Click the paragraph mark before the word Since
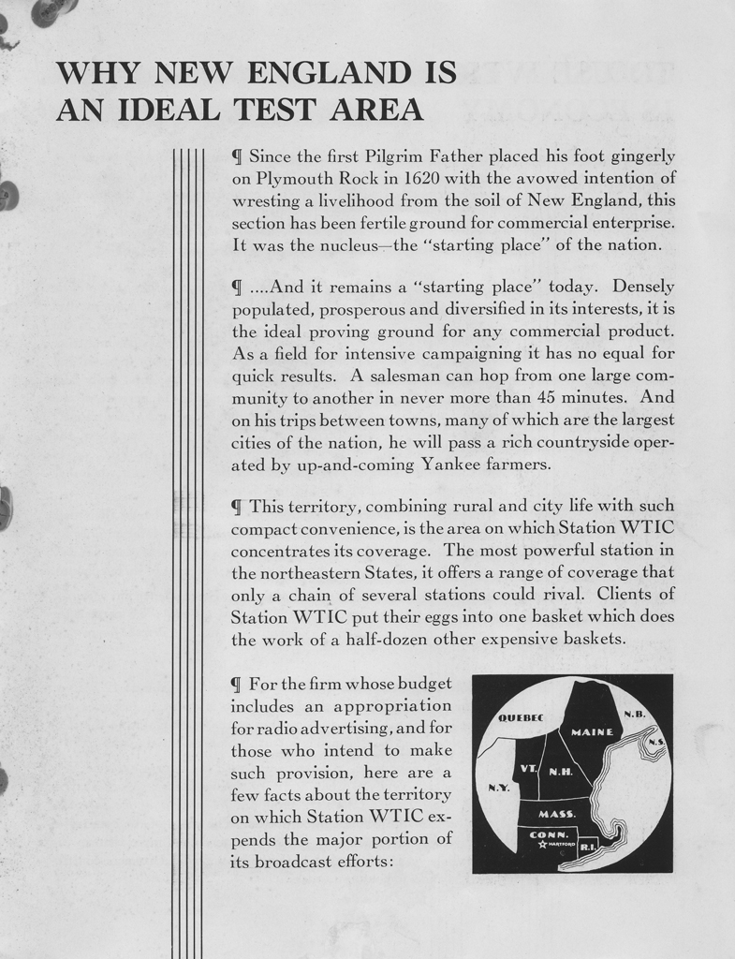tap(237, 155)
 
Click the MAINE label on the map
tap(591, 731)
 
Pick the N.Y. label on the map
tap(499, 789)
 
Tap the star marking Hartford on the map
tap(541, 844)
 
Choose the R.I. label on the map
tap(589, 847)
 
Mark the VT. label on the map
tap(528, 769)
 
